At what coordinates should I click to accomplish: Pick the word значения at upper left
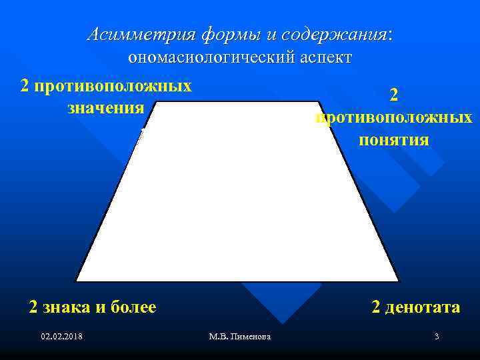tap(106, 107)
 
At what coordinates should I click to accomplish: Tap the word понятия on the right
tap(394, 141)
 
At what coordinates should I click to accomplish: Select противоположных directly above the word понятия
tap(394, 119)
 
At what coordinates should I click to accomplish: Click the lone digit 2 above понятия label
tap(394, 96)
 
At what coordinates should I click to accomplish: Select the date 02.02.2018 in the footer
tap(61, 337)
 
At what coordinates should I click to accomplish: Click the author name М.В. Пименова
tap(239, 337)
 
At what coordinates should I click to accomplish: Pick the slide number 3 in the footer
tap(436, 337)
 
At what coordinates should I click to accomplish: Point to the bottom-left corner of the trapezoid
tap(77, 281)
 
